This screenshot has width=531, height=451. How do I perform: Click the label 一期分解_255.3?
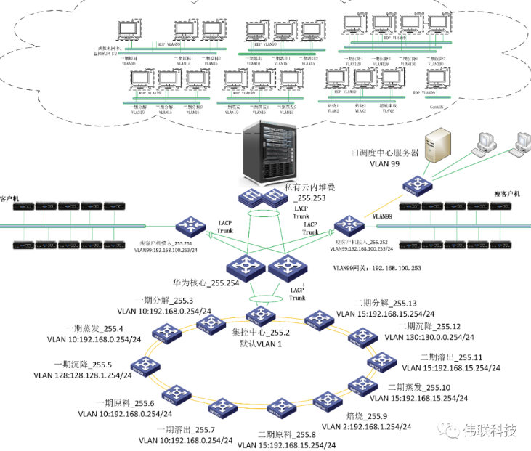click(x=166, y=301)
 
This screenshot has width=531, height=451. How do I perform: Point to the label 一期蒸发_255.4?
click(x=97, y=328)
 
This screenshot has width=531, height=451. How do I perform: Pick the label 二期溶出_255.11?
click(x=451, y=357)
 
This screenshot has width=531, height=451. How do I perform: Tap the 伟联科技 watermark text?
click(x=491, y=431)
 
